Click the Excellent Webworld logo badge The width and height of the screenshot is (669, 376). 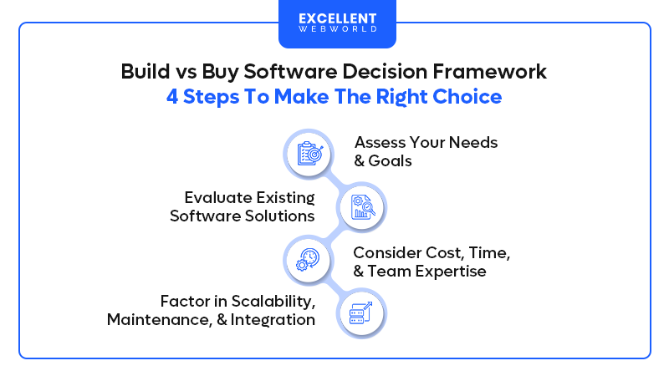337,23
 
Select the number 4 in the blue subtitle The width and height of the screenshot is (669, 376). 172,97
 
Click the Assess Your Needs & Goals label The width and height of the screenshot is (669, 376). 426,151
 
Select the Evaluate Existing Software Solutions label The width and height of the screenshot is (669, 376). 243,206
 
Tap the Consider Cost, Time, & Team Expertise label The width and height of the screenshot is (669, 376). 432,262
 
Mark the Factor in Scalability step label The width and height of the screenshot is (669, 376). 211,310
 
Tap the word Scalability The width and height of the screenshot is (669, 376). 272,300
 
